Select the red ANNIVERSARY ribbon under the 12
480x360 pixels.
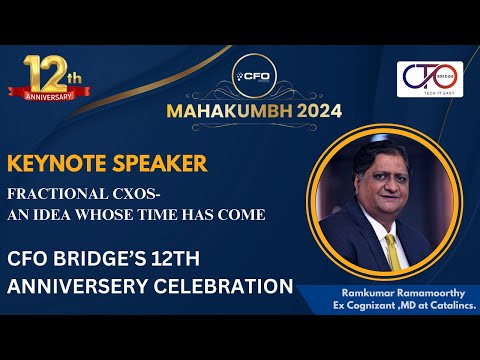43,96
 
